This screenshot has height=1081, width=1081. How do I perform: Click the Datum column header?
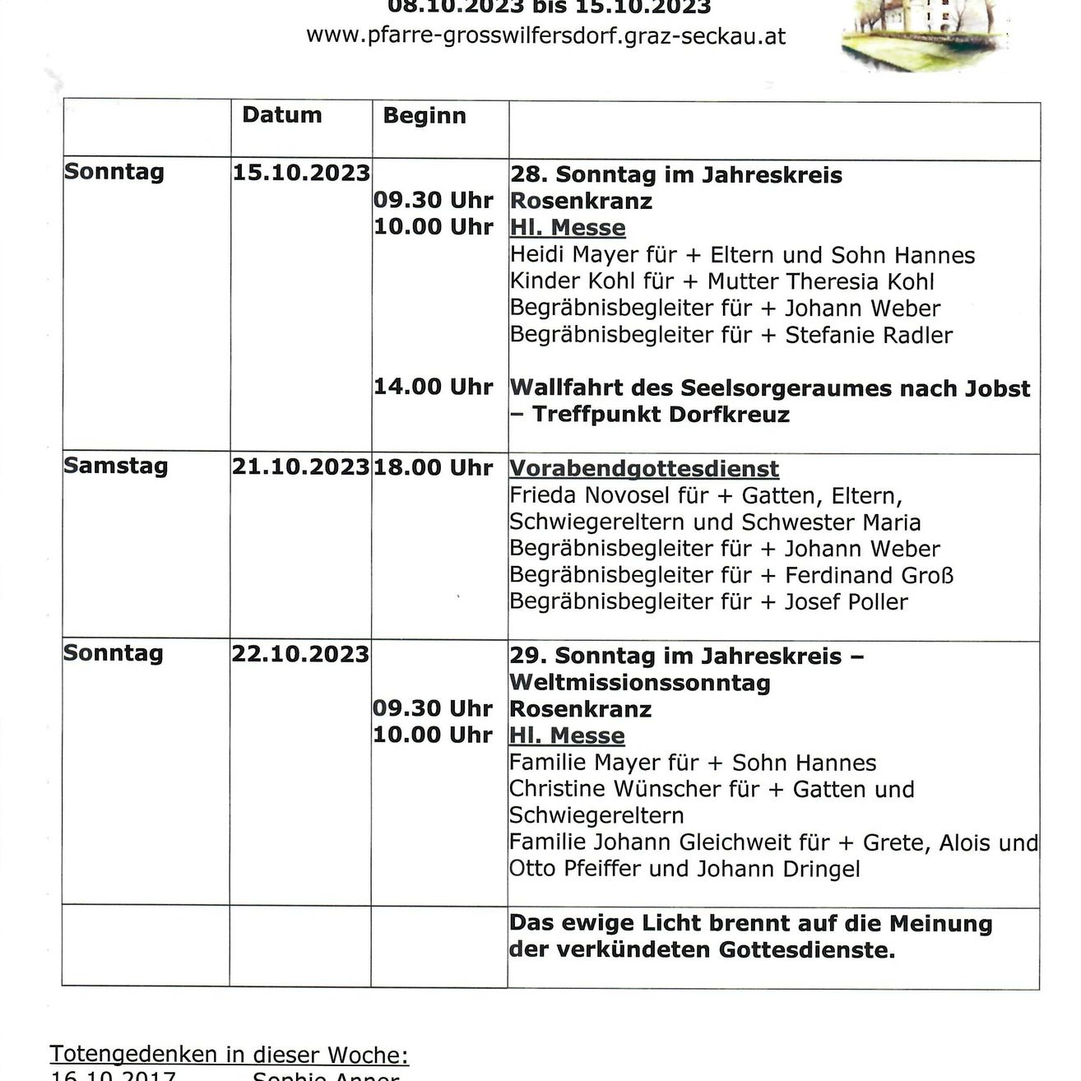pyautogui.click(x=281, y=115)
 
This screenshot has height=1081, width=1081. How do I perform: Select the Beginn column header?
pyautogui.click(x=424, y=116)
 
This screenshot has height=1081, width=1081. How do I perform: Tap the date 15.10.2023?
pyautogui.click(x=301, y=173)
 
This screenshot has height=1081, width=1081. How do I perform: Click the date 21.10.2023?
pyautogui.click(x=300, y=467)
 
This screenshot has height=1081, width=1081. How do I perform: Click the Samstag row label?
pyautogui.click(x=116, y=466)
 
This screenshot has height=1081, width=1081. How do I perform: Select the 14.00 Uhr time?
pyautogui.click(x=433, y=387)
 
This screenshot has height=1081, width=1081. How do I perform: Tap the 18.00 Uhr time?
pyautogui.click(x=433, y=467)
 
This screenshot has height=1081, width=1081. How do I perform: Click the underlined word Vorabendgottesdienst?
pyautogui.click(x=644, y=469)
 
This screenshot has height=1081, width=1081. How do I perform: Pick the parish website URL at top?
pyautogui.click(x=546, y=36)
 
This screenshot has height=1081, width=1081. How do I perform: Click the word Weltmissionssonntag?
pyautogui.click(x=640, y=683)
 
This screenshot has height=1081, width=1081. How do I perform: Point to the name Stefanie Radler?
pyautogui.click(x=869, y=335)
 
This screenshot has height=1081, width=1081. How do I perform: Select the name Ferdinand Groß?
pyautogui.click(x=869, y=575)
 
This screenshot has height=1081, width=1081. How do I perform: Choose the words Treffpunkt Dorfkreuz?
pyautogui.click(x=661, y=414)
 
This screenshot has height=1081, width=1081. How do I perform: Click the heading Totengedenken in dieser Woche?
pyautogui.click(x=229, y=1055)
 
